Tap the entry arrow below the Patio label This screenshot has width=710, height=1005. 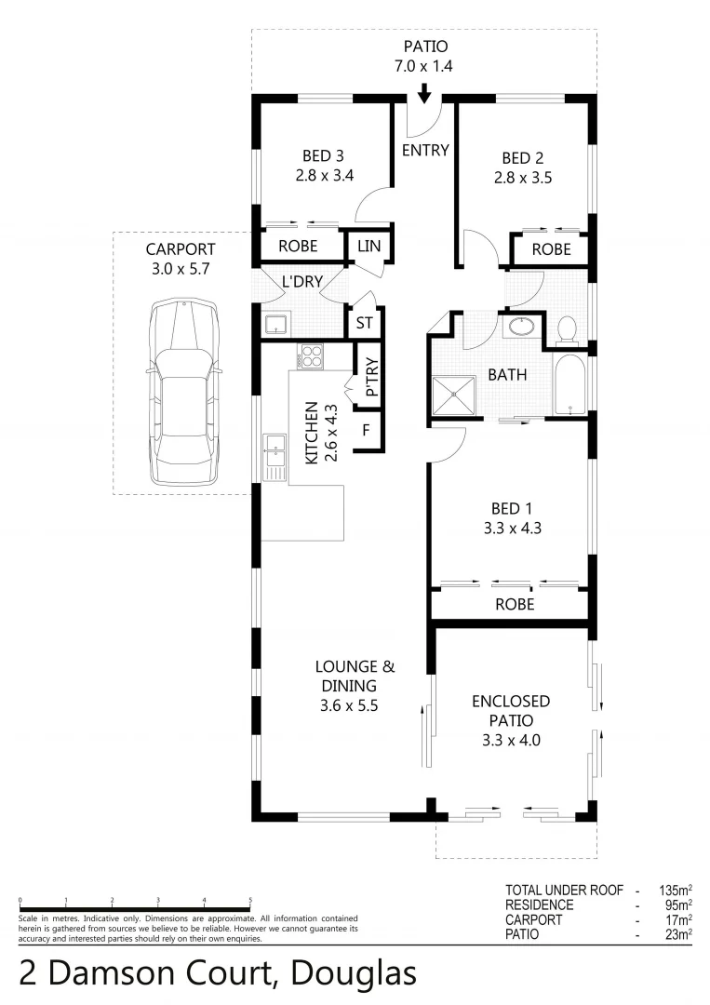(x=424, y=93)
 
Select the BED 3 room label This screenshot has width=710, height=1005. (x=323, y=156)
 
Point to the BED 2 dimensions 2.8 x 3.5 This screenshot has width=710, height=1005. (x=523, y=177)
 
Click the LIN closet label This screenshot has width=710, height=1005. (x=369, y=247)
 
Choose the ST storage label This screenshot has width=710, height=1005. (x=363, y=324)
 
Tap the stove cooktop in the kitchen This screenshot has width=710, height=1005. (x=310, y=356)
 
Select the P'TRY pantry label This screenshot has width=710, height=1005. (x=369, y=377)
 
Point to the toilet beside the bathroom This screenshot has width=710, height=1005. (x=566, y=329)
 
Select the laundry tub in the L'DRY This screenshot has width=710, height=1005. (x=275, y=324)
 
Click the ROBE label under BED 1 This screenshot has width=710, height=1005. (x=514, y=604)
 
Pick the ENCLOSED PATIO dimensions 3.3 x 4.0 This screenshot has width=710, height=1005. (x=510, y=741)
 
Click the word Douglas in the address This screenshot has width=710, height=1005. (x=353, y=973)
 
